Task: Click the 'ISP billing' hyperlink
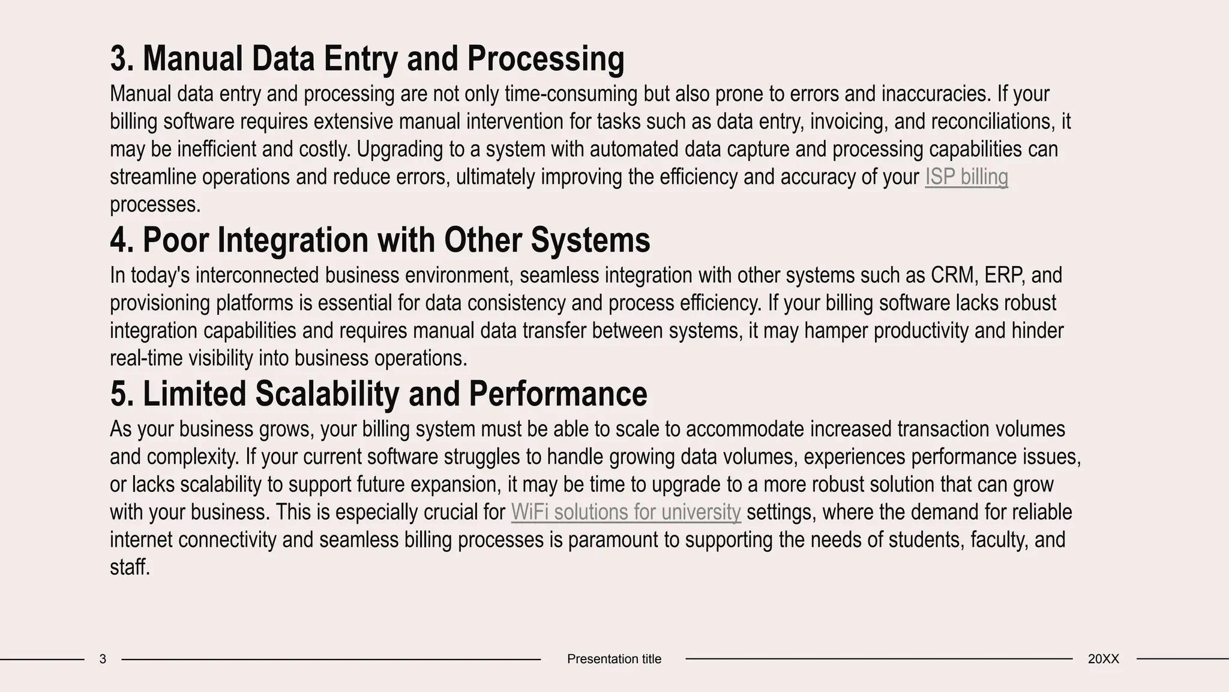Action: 966,177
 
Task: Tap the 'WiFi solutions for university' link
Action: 626,512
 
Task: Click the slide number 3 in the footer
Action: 103,659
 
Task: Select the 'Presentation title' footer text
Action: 614,659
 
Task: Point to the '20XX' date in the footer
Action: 1103,659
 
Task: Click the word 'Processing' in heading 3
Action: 545,59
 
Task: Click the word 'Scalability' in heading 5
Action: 327,394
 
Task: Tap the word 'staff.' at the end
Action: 130,568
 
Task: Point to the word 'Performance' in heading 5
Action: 557,394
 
